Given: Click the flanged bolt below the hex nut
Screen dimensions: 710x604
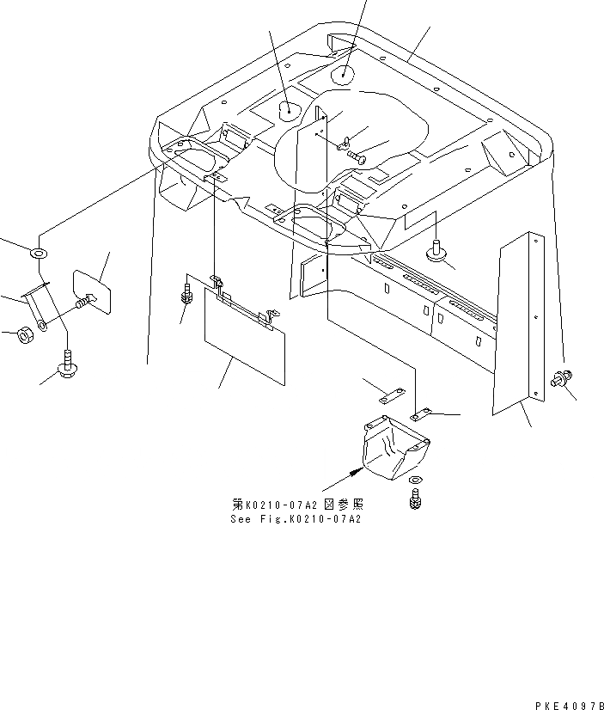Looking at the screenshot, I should pos(67,368).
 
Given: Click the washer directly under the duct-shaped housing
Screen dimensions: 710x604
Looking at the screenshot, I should pos(415,480).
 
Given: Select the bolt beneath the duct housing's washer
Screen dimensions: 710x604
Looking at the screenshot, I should pos(416,498).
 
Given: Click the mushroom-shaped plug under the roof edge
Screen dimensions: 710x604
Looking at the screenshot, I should pos(438,251).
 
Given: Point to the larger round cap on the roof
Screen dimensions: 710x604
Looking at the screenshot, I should pos(289,110).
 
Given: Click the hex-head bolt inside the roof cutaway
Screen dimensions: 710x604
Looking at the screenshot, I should pos(356,156).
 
